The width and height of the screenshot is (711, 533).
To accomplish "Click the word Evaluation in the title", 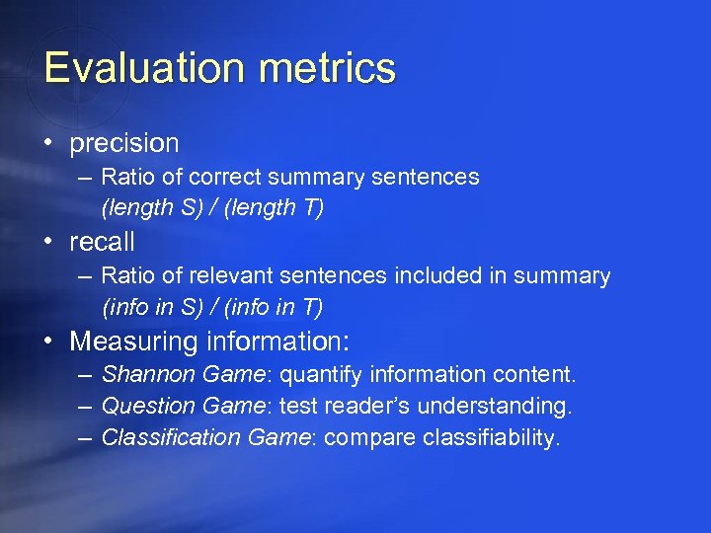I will [128, 68].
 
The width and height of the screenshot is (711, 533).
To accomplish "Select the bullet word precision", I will [123, 143].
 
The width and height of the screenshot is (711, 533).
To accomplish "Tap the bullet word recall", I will [102, 242].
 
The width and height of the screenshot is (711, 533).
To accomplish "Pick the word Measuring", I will [134, 342].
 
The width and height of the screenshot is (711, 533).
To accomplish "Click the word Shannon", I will [148, 375].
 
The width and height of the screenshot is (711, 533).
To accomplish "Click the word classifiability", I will [491, 437].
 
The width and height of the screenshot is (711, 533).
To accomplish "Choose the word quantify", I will [320, 375].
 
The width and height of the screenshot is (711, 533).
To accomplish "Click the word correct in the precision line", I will [223, 178].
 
